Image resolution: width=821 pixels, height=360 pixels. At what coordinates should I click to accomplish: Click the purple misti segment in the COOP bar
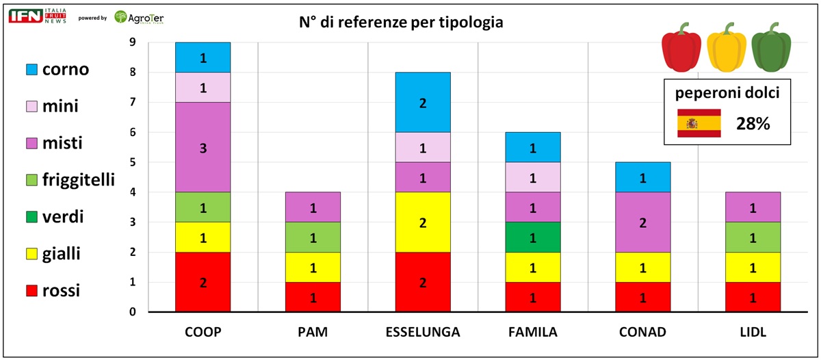203,147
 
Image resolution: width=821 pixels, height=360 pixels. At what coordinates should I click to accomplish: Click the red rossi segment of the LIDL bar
753,297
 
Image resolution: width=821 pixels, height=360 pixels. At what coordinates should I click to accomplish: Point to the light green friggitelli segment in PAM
313,237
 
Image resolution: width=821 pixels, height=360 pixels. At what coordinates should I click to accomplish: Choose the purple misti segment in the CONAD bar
643,222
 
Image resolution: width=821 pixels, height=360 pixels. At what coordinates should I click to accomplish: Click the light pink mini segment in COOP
203,87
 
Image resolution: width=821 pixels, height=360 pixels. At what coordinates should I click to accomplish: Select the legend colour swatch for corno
31,69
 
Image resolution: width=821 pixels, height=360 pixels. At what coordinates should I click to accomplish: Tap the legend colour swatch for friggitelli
31,180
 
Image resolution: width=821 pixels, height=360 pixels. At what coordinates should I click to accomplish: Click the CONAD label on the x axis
643,333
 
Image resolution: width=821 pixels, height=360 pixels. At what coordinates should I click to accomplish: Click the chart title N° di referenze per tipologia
401,23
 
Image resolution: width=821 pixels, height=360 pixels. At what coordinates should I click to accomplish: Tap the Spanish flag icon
699,123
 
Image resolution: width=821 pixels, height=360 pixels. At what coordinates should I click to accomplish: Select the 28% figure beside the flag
753,123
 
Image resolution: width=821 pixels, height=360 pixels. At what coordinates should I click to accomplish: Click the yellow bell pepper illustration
726,49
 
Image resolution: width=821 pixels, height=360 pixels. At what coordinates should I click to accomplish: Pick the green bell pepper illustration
770,49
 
